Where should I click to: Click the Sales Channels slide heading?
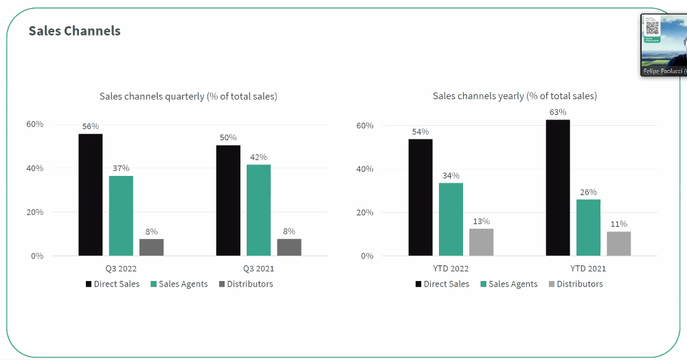pyautogui.click(x=74, y=31)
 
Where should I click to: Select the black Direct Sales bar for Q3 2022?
pyautogui.click(x=90, y=194)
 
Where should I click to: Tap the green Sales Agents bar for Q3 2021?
pyautogui.click(x=258, y=210)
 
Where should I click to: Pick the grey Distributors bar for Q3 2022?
pyautogui.click(x=152, y=247)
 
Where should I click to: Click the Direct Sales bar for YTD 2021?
pyautogui.click(x=558, y=188)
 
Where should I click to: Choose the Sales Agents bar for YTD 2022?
pyautogui.click(x=451, y=219)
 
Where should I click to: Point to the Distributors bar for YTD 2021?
pyautogui.click(x=618, y=243)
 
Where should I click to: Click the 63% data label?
pyautogui.click(x=558, y=112)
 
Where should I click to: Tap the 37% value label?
pyautogui.click(x=121, y=168)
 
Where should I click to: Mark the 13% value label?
pyautogui.click(x=481, y=221)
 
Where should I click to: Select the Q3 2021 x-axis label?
pyautogui.click(x=258, y=269)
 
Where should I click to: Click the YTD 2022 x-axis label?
pyautogui.click(x=451, y=269)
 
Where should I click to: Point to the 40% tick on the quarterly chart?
pyautogui.click(x=35, y=168)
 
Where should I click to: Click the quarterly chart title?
pyautogui.click(x=188, y=96)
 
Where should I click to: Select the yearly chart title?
pyautogui.click(x=515, y=96)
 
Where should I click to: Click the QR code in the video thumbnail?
pyautogui.click(x=652, y=27)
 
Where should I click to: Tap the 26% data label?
pyautogui.click(x=588, y=192)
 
